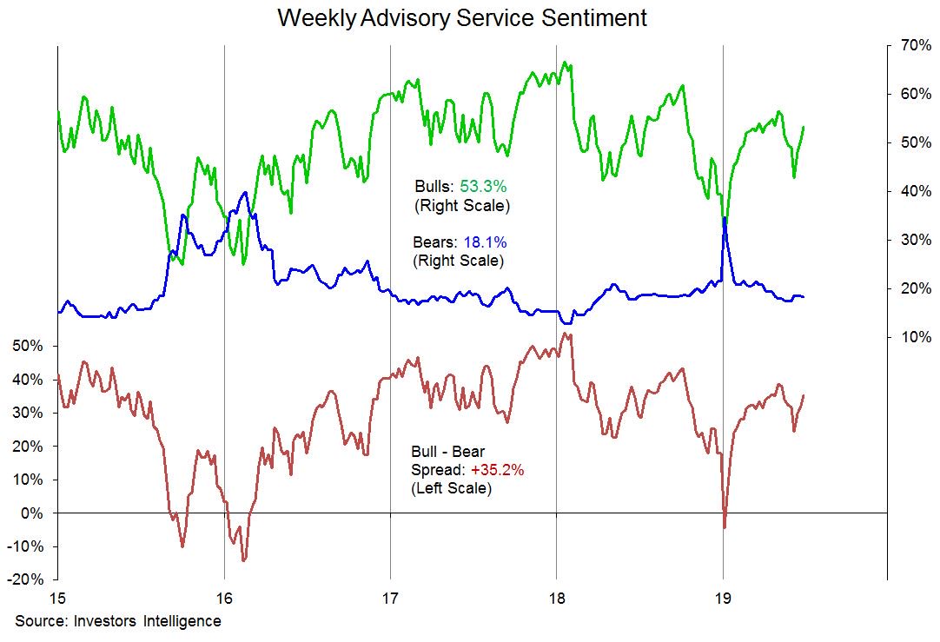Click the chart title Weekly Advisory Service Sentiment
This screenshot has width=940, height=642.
tap(461, 18)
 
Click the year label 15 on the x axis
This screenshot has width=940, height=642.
tap(57, 599)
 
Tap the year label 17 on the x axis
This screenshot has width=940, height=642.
tap(390, 599)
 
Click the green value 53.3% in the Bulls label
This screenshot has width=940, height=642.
tap(485, 186)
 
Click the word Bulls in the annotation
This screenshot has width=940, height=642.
tap(432, 186)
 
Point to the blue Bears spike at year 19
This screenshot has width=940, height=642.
tap(725, 218)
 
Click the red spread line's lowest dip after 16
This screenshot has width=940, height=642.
tap(243, 560)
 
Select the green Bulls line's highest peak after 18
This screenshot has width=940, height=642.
tap(566, 63)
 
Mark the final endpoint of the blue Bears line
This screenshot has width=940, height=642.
tap(804, 297)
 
